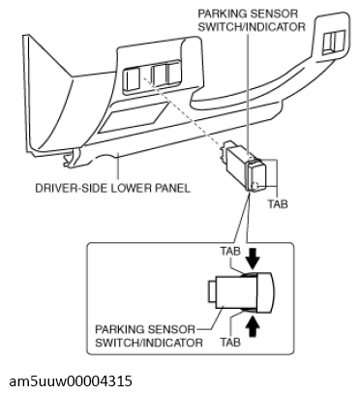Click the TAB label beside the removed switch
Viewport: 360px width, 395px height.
[x=278, y=204]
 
